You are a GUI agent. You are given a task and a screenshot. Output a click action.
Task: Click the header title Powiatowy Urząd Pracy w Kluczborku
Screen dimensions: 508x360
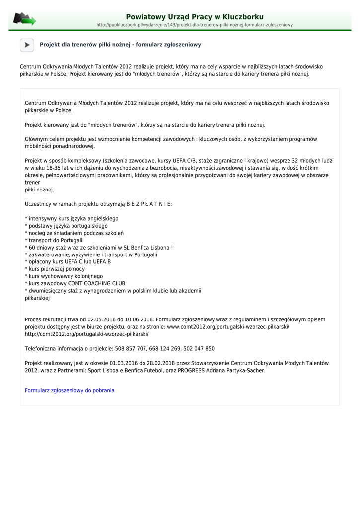pos(194,17)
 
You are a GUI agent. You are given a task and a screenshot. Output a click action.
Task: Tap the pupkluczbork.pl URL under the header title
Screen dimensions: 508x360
pos(194,25)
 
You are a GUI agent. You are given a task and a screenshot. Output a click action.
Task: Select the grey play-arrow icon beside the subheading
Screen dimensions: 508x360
pos(27,45)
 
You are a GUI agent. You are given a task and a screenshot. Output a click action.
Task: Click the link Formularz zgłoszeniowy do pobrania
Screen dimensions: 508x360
pos(70,391)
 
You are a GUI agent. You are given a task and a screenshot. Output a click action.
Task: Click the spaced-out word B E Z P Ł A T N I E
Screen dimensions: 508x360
pos(149,204)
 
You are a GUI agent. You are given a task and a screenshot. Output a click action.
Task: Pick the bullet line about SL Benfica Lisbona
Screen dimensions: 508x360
pos(99,248)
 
